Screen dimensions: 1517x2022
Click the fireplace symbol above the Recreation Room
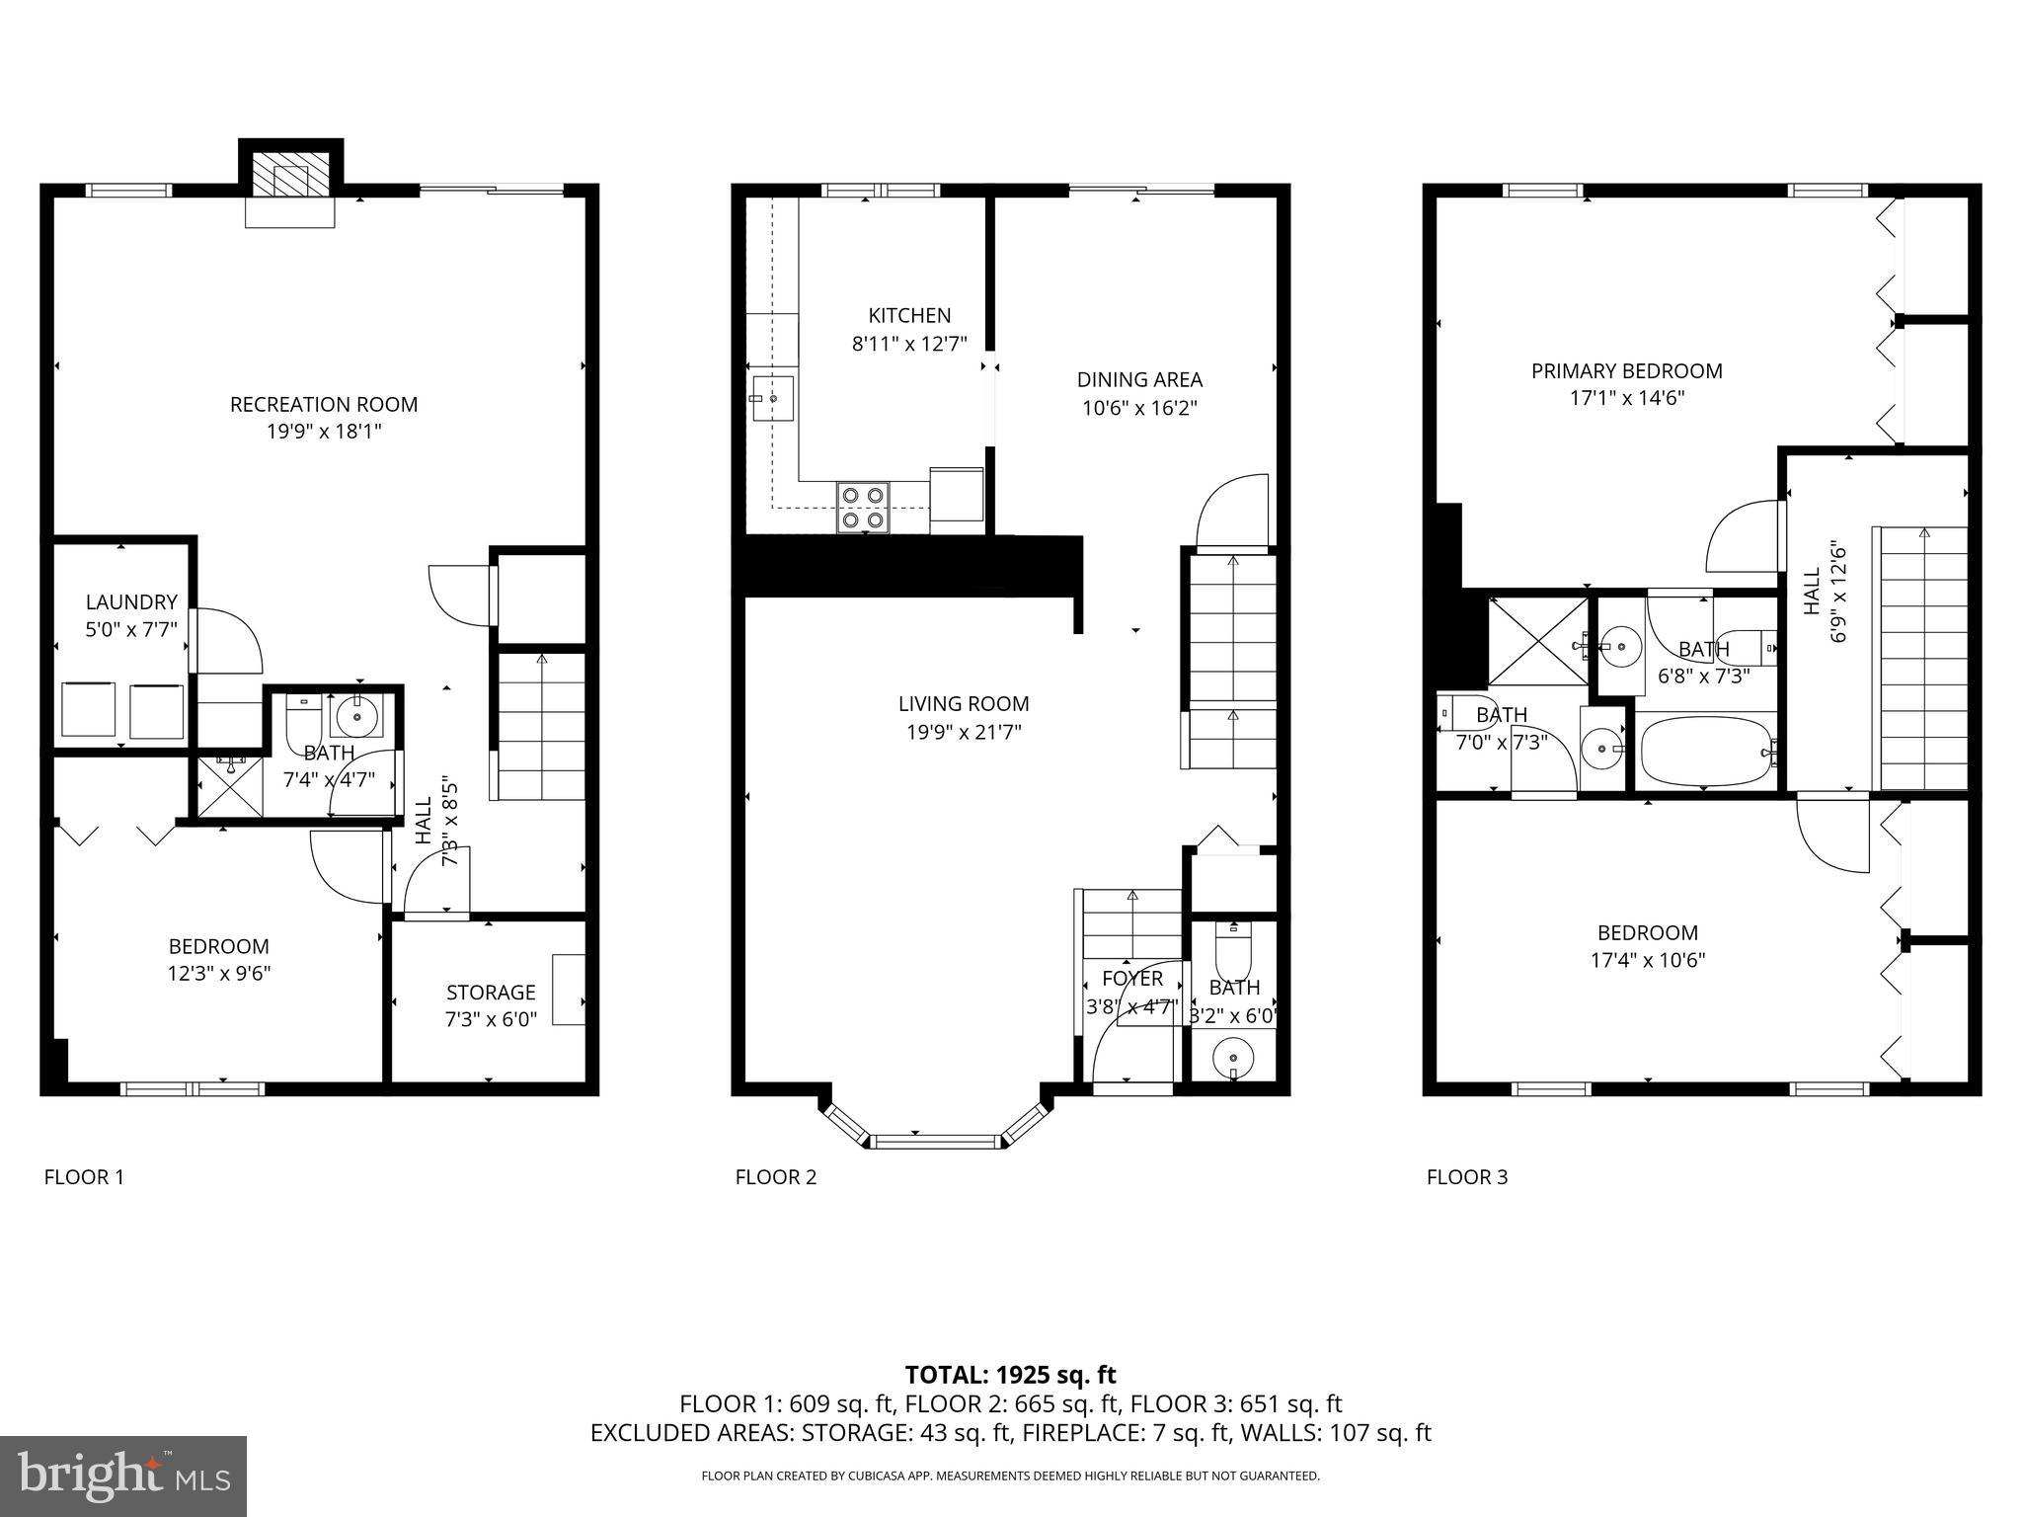[290, 179]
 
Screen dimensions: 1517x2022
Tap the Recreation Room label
[324, 404]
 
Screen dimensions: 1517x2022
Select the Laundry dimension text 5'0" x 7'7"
[131, 629]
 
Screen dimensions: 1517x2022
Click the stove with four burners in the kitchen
[863, 508]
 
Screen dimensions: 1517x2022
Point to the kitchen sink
[772, 398]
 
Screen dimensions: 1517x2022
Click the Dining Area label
[1139, 379]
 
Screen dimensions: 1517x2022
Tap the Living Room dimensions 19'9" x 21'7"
[964, 732]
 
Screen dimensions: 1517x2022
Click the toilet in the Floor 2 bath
[1233, 950]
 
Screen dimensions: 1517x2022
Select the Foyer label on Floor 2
[1132, 979]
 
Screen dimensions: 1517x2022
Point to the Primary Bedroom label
[1626, 371]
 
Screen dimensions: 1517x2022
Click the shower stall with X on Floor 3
[1536, 641]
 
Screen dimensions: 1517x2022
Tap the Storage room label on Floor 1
[491, 993]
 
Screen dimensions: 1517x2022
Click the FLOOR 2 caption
[776, 1177]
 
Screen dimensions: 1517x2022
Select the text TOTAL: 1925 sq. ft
[1010, 1375]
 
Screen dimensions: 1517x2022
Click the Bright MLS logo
[123, 1477]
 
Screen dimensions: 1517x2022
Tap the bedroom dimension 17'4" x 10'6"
[1648, 960]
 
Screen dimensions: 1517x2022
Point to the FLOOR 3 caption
[1467, 1177]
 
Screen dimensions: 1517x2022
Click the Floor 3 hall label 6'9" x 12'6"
[1837, 591]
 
